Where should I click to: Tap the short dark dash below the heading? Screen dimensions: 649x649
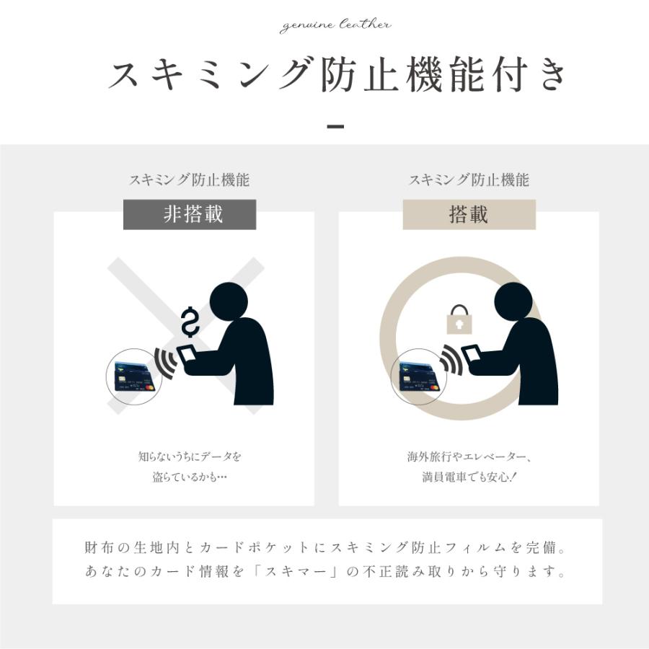coord(335,127)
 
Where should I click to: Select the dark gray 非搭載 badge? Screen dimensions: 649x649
coord(190,215)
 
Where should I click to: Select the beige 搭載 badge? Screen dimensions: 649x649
coord(469,215)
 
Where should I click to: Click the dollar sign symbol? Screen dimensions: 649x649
coord(190,322)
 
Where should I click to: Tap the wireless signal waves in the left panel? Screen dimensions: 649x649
coord(164,362)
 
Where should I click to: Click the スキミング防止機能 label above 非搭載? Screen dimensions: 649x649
coord(190,180)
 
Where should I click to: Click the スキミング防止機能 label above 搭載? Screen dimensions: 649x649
coord(469,180)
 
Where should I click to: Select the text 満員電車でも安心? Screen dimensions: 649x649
coord(469,477)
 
